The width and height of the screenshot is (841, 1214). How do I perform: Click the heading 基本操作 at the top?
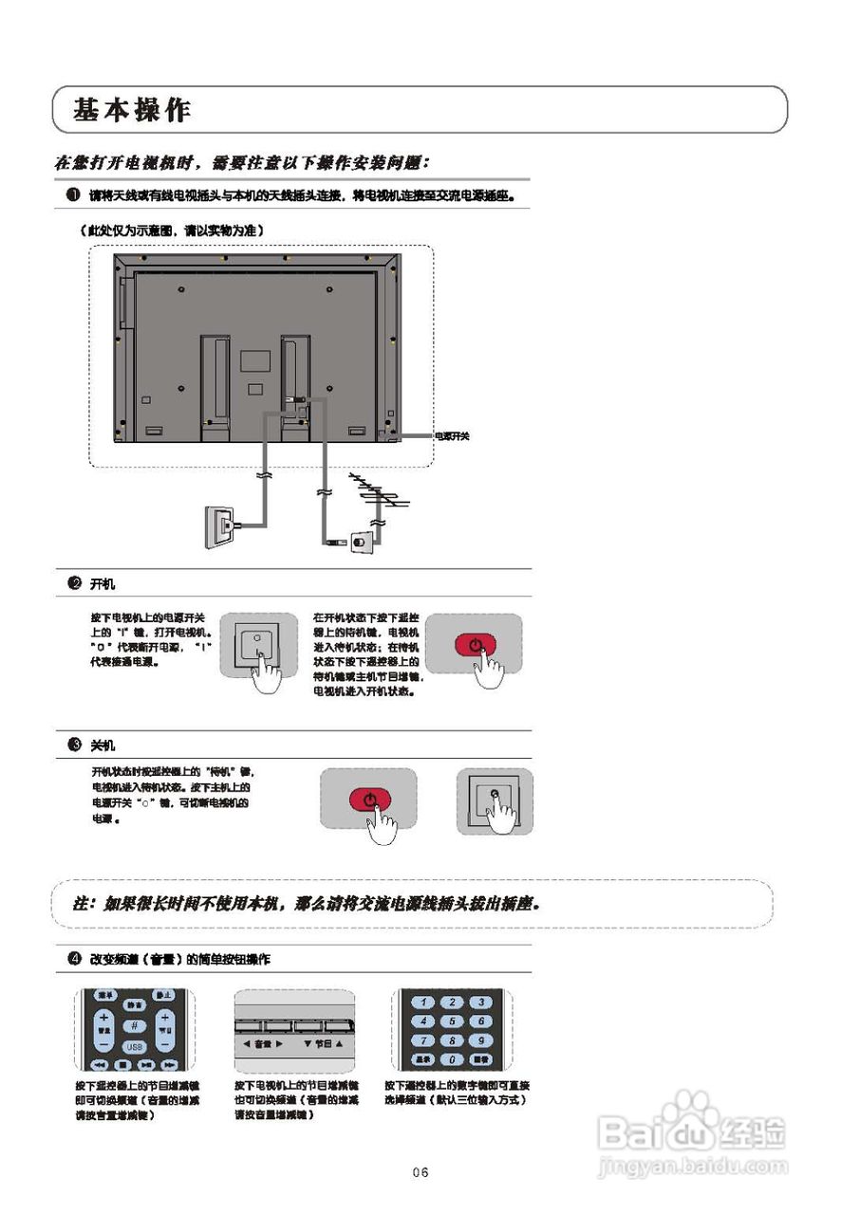point(132,110)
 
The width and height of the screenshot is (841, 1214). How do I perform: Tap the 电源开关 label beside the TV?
point(452,436)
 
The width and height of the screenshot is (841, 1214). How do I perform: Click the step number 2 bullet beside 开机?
point(73,583)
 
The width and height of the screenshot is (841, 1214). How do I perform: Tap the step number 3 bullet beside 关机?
point(73,745)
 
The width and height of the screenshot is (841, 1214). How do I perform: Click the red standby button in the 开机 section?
point(475,646)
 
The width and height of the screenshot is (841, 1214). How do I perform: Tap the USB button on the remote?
point(134,1046)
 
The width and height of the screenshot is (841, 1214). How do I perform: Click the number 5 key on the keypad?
point(454,1021)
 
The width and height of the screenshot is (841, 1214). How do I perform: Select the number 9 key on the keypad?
point(482,1039)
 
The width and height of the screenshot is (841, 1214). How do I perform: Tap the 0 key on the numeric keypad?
point(454,1058)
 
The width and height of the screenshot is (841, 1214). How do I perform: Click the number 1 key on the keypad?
point(424,1002)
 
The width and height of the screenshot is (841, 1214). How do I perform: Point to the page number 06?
point(420,1173)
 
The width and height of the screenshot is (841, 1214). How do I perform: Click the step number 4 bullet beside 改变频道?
point(73,959)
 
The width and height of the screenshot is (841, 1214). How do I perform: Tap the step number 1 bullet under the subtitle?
point(73,194)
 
